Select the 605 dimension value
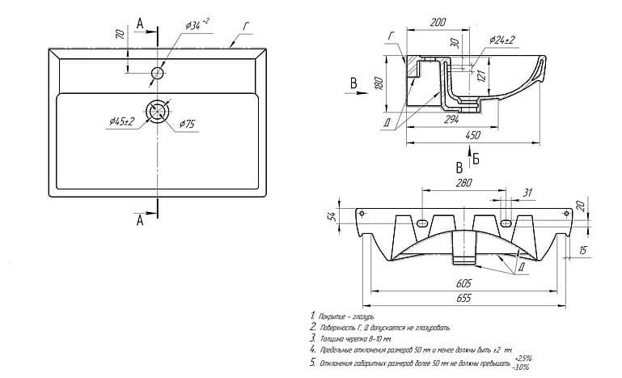click(462, 284)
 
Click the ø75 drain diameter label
click(187, 124)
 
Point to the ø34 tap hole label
click(197, 25)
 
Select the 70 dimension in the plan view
click(119, 36)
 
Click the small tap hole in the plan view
click(157, 74)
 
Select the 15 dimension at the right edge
click(584, 252)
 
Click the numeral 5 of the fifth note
click(312, 362)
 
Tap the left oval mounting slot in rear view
click(423, 223)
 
